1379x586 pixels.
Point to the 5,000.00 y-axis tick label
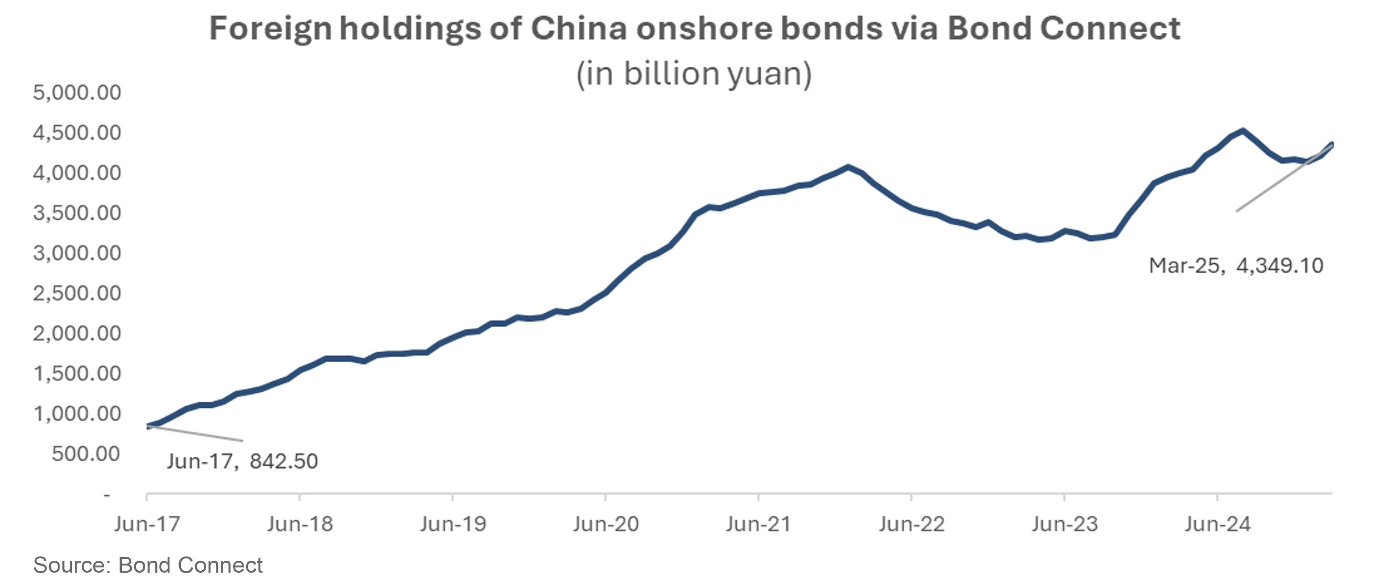tap(77, 93)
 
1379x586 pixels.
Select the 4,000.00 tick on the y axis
tap(77, 173)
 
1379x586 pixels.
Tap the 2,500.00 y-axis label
tap(77, 293)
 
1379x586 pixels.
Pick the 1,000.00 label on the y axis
tap(77, 414)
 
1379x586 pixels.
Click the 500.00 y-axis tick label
tap(86, 454)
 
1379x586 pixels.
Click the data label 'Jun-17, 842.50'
tap(242, 461)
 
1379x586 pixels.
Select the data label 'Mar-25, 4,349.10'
tap(1236, 266)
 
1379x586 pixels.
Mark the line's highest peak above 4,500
tap(1242, 130)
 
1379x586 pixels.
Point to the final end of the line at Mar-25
tap(1331, 144)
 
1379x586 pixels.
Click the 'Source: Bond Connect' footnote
tap(148, 566)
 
